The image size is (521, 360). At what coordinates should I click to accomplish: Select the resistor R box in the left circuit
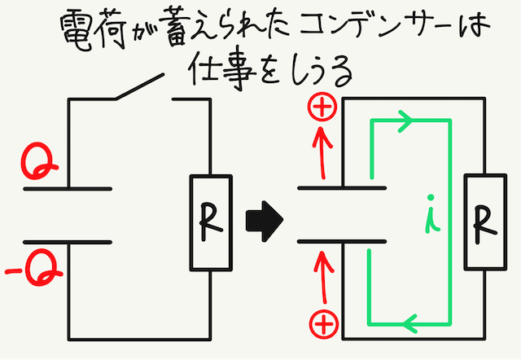210,222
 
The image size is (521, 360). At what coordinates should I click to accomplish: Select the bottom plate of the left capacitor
67,241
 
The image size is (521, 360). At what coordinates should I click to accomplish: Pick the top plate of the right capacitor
341,188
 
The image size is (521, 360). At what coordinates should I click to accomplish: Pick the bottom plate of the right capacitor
341,241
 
